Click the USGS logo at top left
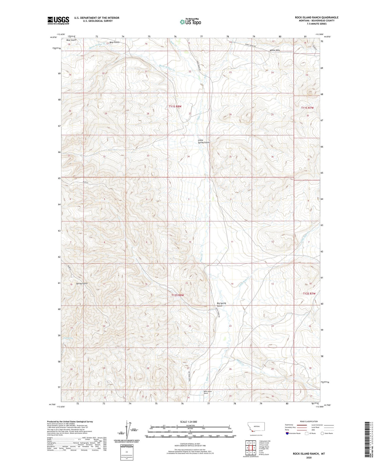pos(58,20)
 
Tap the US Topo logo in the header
pos(190,22)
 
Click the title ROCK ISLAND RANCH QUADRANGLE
pos(316,18)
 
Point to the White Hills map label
pos(275,50)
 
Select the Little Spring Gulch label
pos(204,141)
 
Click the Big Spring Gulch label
pos(221,304)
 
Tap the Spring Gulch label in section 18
pos(82,283)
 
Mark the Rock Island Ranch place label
pos(208,392)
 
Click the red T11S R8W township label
pos(175,106)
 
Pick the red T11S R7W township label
pos(307,108)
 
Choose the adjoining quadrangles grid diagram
pos(250,447)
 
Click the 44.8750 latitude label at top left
pos(53,37)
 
